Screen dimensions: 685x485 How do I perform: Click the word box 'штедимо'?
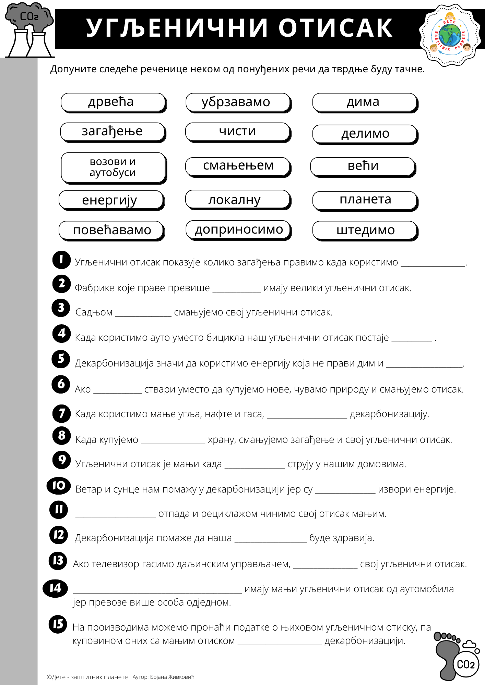(x=365, y=230)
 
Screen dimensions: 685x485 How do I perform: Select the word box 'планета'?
(x=365, y=200)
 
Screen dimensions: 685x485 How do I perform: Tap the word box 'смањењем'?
(x=238, y=166)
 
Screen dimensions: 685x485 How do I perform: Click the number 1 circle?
(x=61, y=259)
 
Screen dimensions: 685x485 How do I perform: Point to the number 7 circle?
(x=61, y=413)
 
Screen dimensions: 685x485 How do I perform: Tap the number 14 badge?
(x=55, y=588)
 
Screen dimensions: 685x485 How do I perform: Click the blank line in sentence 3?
(x=143, y=314)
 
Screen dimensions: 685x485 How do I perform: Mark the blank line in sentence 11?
(x=115, y=516)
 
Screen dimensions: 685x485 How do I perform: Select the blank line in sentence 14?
(x=157, y=591)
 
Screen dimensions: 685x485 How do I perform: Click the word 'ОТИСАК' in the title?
(x=335, y=28)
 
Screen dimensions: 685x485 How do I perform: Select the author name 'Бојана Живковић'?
(x=172, y=677)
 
